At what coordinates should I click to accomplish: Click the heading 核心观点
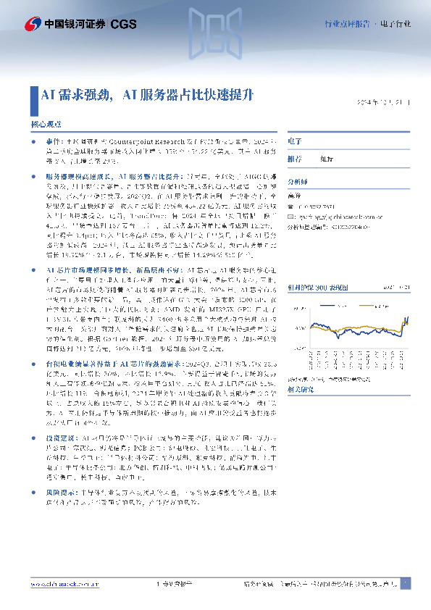pyautogui.click(x=46, y=124)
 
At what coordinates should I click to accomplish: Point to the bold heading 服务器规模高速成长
pyautogui.click(x=78, y=176)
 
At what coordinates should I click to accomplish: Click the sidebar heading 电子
pyautogui.click(x=293, y=141)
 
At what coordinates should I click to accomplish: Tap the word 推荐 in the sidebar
pyautogui.click(x=295, y=158)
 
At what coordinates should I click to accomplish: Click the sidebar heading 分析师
pyautogui.click(x=298, y=184)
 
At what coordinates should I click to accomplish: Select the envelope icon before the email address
pyautogui.click(x=291, y=215)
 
